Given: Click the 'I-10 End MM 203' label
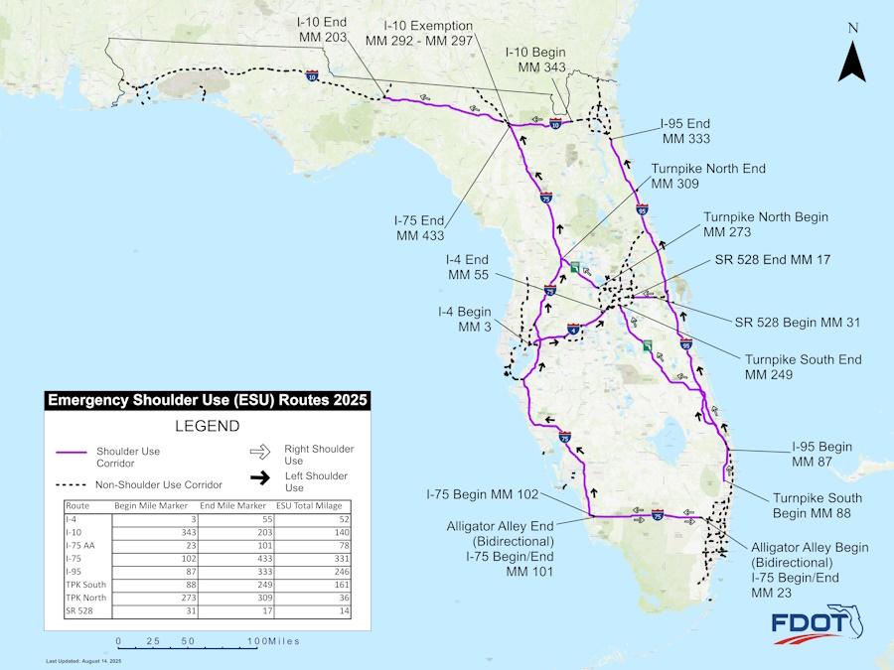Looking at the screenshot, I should point(322,29).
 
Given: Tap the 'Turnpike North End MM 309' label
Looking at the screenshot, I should point(708,176).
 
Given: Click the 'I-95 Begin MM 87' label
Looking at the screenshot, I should point(821,455).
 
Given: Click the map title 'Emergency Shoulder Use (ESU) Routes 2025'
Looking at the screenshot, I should point(208,401).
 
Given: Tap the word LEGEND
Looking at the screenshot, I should point(208,427).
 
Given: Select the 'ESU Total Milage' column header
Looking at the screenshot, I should point(307,505).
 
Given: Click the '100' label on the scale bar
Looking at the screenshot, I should point(257,641).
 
